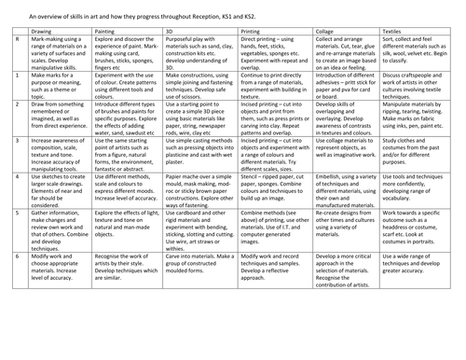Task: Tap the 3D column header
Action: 170,31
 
